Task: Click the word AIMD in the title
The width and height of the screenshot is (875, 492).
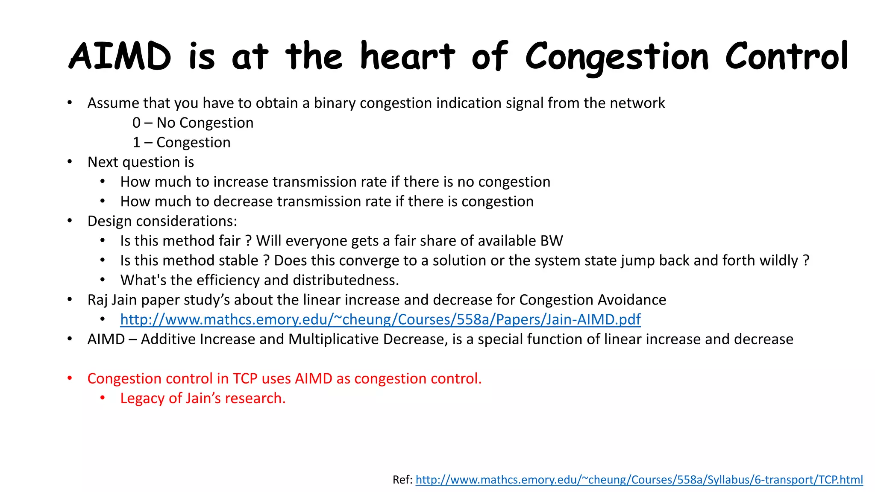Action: pyautogui.click(x=120, y=57)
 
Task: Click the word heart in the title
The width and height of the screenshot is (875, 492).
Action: pyautogui.click(x=407, y=57)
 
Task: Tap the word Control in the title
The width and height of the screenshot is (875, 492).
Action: pyautogui.click(x=787, y=57)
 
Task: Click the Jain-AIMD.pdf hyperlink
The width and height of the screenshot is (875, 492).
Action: pyautogui.click(x=380, y=319)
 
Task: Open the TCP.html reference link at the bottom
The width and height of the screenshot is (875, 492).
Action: pyautogui.click(x=639, y=480)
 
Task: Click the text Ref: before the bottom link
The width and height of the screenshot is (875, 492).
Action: pyautogui.click(x=402, y=480)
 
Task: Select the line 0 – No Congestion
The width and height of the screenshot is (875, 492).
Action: pyautogui.click(x=193, y=123)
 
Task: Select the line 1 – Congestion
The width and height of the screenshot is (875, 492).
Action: pyautogui.click(x=181, y=142)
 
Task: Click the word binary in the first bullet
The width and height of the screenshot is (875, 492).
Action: pyautogui.click(x=335, y=103)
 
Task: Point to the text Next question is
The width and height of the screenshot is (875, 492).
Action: pyautogui.click(x=141, y=162)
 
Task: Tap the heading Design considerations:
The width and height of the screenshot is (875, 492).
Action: pyautogui.click(x=162, y=221)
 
